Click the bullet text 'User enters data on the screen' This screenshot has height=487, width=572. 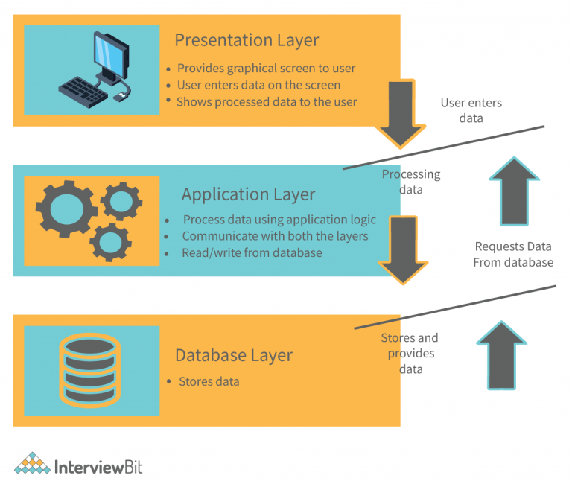click(260, 85)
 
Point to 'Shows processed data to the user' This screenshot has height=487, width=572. click(267, 101)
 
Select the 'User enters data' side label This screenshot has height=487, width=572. click(471, 110)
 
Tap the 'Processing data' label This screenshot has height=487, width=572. click(411, 182)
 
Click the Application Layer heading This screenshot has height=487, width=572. click(248, 194)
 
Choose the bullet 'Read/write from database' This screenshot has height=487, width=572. click(252, 252)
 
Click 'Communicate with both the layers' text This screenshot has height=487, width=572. click(275, 236)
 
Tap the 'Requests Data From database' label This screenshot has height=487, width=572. click(512, 254)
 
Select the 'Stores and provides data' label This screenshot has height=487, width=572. click(410, 352)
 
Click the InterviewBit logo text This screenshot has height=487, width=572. click(98, 467)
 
